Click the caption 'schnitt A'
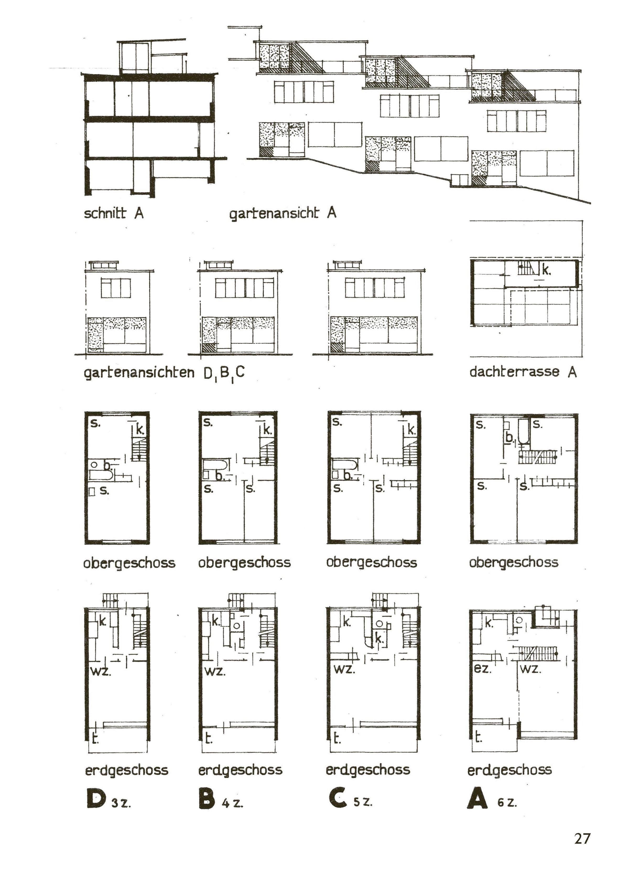[114, 213]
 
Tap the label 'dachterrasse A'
[523, 372]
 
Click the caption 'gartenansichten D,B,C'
[164, 373]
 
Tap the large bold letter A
[477, 798]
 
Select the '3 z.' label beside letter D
[121, 803]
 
